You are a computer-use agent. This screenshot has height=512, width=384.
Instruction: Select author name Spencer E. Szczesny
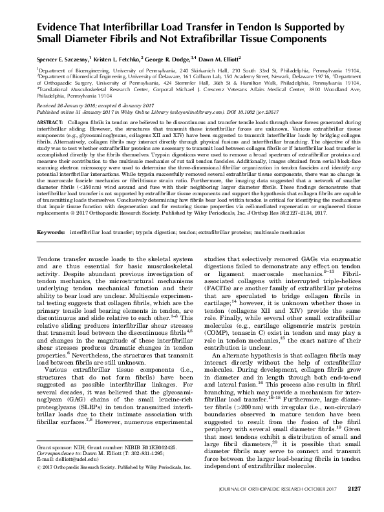click(69, 58)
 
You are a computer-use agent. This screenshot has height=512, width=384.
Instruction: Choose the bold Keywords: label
click(52, 229)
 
